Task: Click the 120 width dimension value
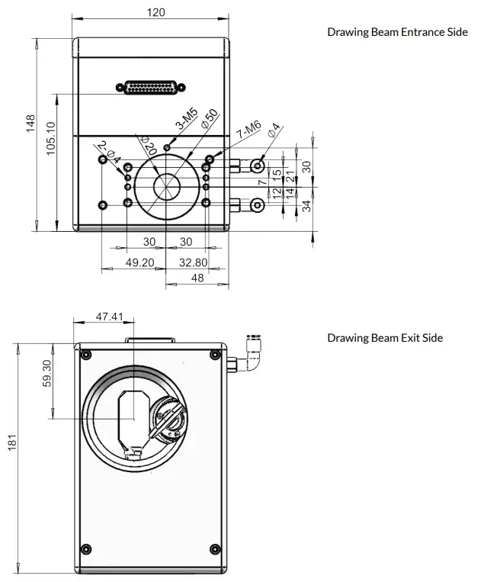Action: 155,12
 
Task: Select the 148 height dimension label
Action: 30,124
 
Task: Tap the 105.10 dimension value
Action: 51,139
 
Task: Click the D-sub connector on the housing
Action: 151,88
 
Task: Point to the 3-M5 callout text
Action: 187,119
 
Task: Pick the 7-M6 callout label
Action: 248,129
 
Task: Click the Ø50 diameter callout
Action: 210,118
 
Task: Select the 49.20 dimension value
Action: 139,262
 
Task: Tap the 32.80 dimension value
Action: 194,262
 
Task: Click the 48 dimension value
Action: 197,278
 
